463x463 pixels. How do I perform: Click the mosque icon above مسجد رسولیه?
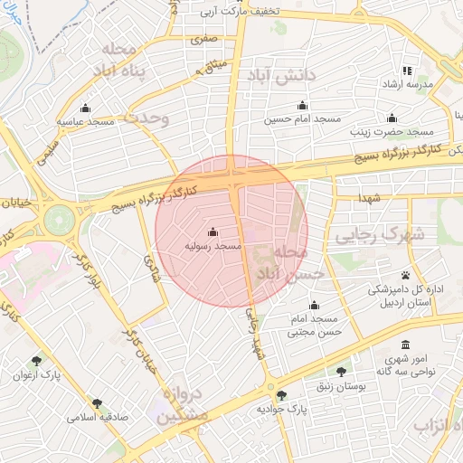(x=213, y=231)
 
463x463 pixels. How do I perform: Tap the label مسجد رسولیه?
(x=213, y=245)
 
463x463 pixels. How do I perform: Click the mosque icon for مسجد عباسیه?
(x=85, y=107)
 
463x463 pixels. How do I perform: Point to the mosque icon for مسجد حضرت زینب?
(x=392, y=118)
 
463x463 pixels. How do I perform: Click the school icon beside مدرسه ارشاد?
(x=407, y=71)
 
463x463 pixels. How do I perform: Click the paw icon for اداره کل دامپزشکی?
(x=406, y=276)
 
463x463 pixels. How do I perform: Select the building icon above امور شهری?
(x=404, y=345)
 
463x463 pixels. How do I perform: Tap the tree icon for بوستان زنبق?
(x=341, y=372)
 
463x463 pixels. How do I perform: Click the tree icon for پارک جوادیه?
(x=282, y=395)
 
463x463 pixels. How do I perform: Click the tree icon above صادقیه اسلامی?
(x=96, y=403)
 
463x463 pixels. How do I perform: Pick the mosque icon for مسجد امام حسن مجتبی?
(x=314, y=306)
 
